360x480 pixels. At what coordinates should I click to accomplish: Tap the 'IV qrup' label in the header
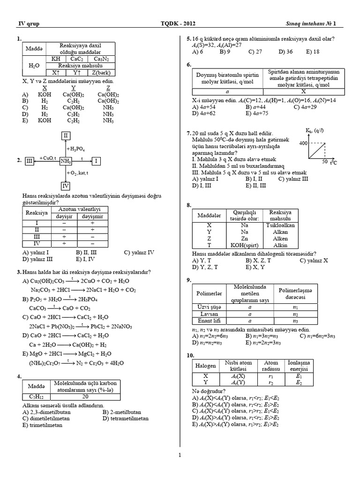click(x=28, y=24)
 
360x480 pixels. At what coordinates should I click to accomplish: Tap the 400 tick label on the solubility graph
click(x=302, y=142)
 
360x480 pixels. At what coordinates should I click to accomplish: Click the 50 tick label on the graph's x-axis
click(x=324, y=162)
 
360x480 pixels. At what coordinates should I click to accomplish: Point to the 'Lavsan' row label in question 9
click(x=210, y=314)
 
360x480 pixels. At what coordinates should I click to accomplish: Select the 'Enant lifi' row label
click(x=210, y=321)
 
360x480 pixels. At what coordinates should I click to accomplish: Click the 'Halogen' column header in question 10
click(x=204, y=365)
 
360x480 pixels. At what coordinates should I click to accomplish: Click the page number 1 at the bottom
click(x=180, y=454)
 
